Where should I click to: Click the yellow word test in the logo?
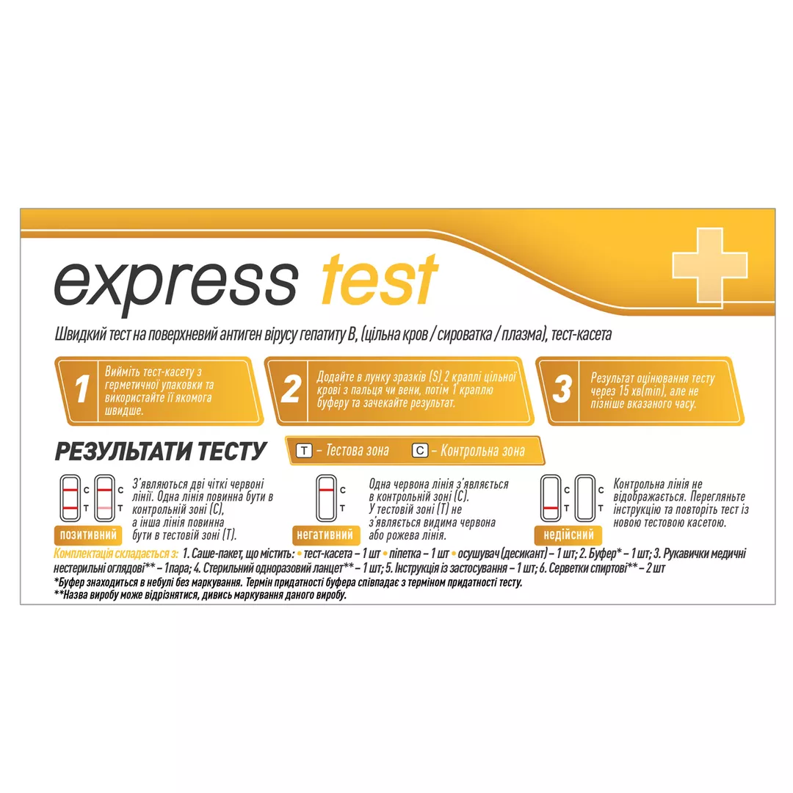pos(380,280)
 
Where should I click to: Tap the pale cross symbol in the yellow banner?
pos(709,266)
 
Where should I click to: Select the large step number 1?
pos(82,389)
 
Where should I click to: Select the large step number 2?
pos(290,389)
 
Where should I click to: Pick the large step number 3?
pos(562,389)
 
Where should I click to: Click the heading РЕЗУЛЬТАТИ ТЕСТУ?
pos(160,451)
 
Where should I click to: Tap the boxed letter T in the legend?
pos(303,451)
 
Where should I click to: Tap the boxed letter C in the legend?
pos(420,451)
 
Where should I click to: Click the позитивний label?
pos(88,535)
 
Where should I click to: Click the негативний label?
pos(325,535)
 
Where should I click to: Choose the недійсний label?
pos(568,535)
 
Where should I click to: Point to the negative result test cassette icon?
pos(326,498)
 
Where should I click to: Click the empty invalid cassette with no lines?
pos(584,498)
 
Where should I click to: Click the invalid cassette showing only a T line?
pos(551,498)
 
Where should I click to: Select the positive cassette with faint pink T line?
pos(104,498)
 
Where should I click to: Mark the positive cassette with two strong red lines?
pos(70,498)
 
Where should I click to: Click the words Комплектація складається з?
pos(116,554)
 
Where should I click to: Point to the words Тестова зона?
pos(358,451)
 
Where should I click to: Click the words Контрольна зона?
pos(482,451)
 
